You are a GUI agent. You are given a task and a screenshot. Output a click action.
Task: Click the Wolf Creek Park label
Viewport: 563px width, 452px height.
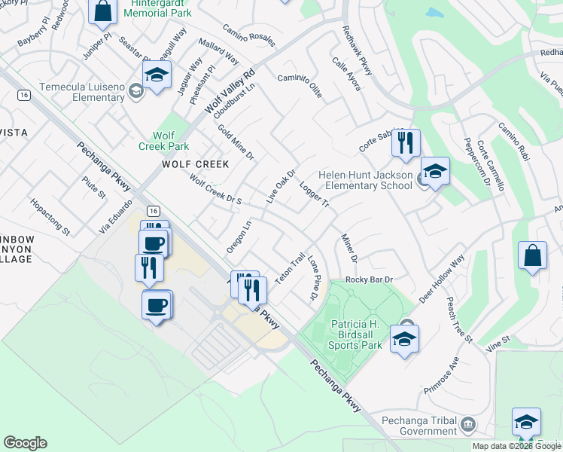(164, 140)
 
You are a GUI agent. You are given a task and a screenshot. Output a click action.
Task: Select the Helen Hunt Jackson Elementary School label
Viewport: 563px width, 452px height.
(365, 180)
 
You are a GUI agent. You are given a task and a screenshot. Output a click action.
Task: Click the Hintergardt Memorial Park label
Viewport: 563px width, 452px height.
(157, 8)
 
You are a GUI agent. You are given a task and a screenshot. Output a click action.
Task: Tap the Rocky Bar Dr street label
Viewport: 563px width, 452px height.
(369, 280)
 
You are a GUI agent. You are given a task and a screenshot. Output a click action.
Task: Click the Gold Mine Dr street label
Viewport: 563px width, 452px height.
(236, 143)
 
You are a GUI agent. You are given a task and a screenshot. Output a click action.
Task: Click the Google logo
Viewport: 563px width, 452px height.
(25, 443)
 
